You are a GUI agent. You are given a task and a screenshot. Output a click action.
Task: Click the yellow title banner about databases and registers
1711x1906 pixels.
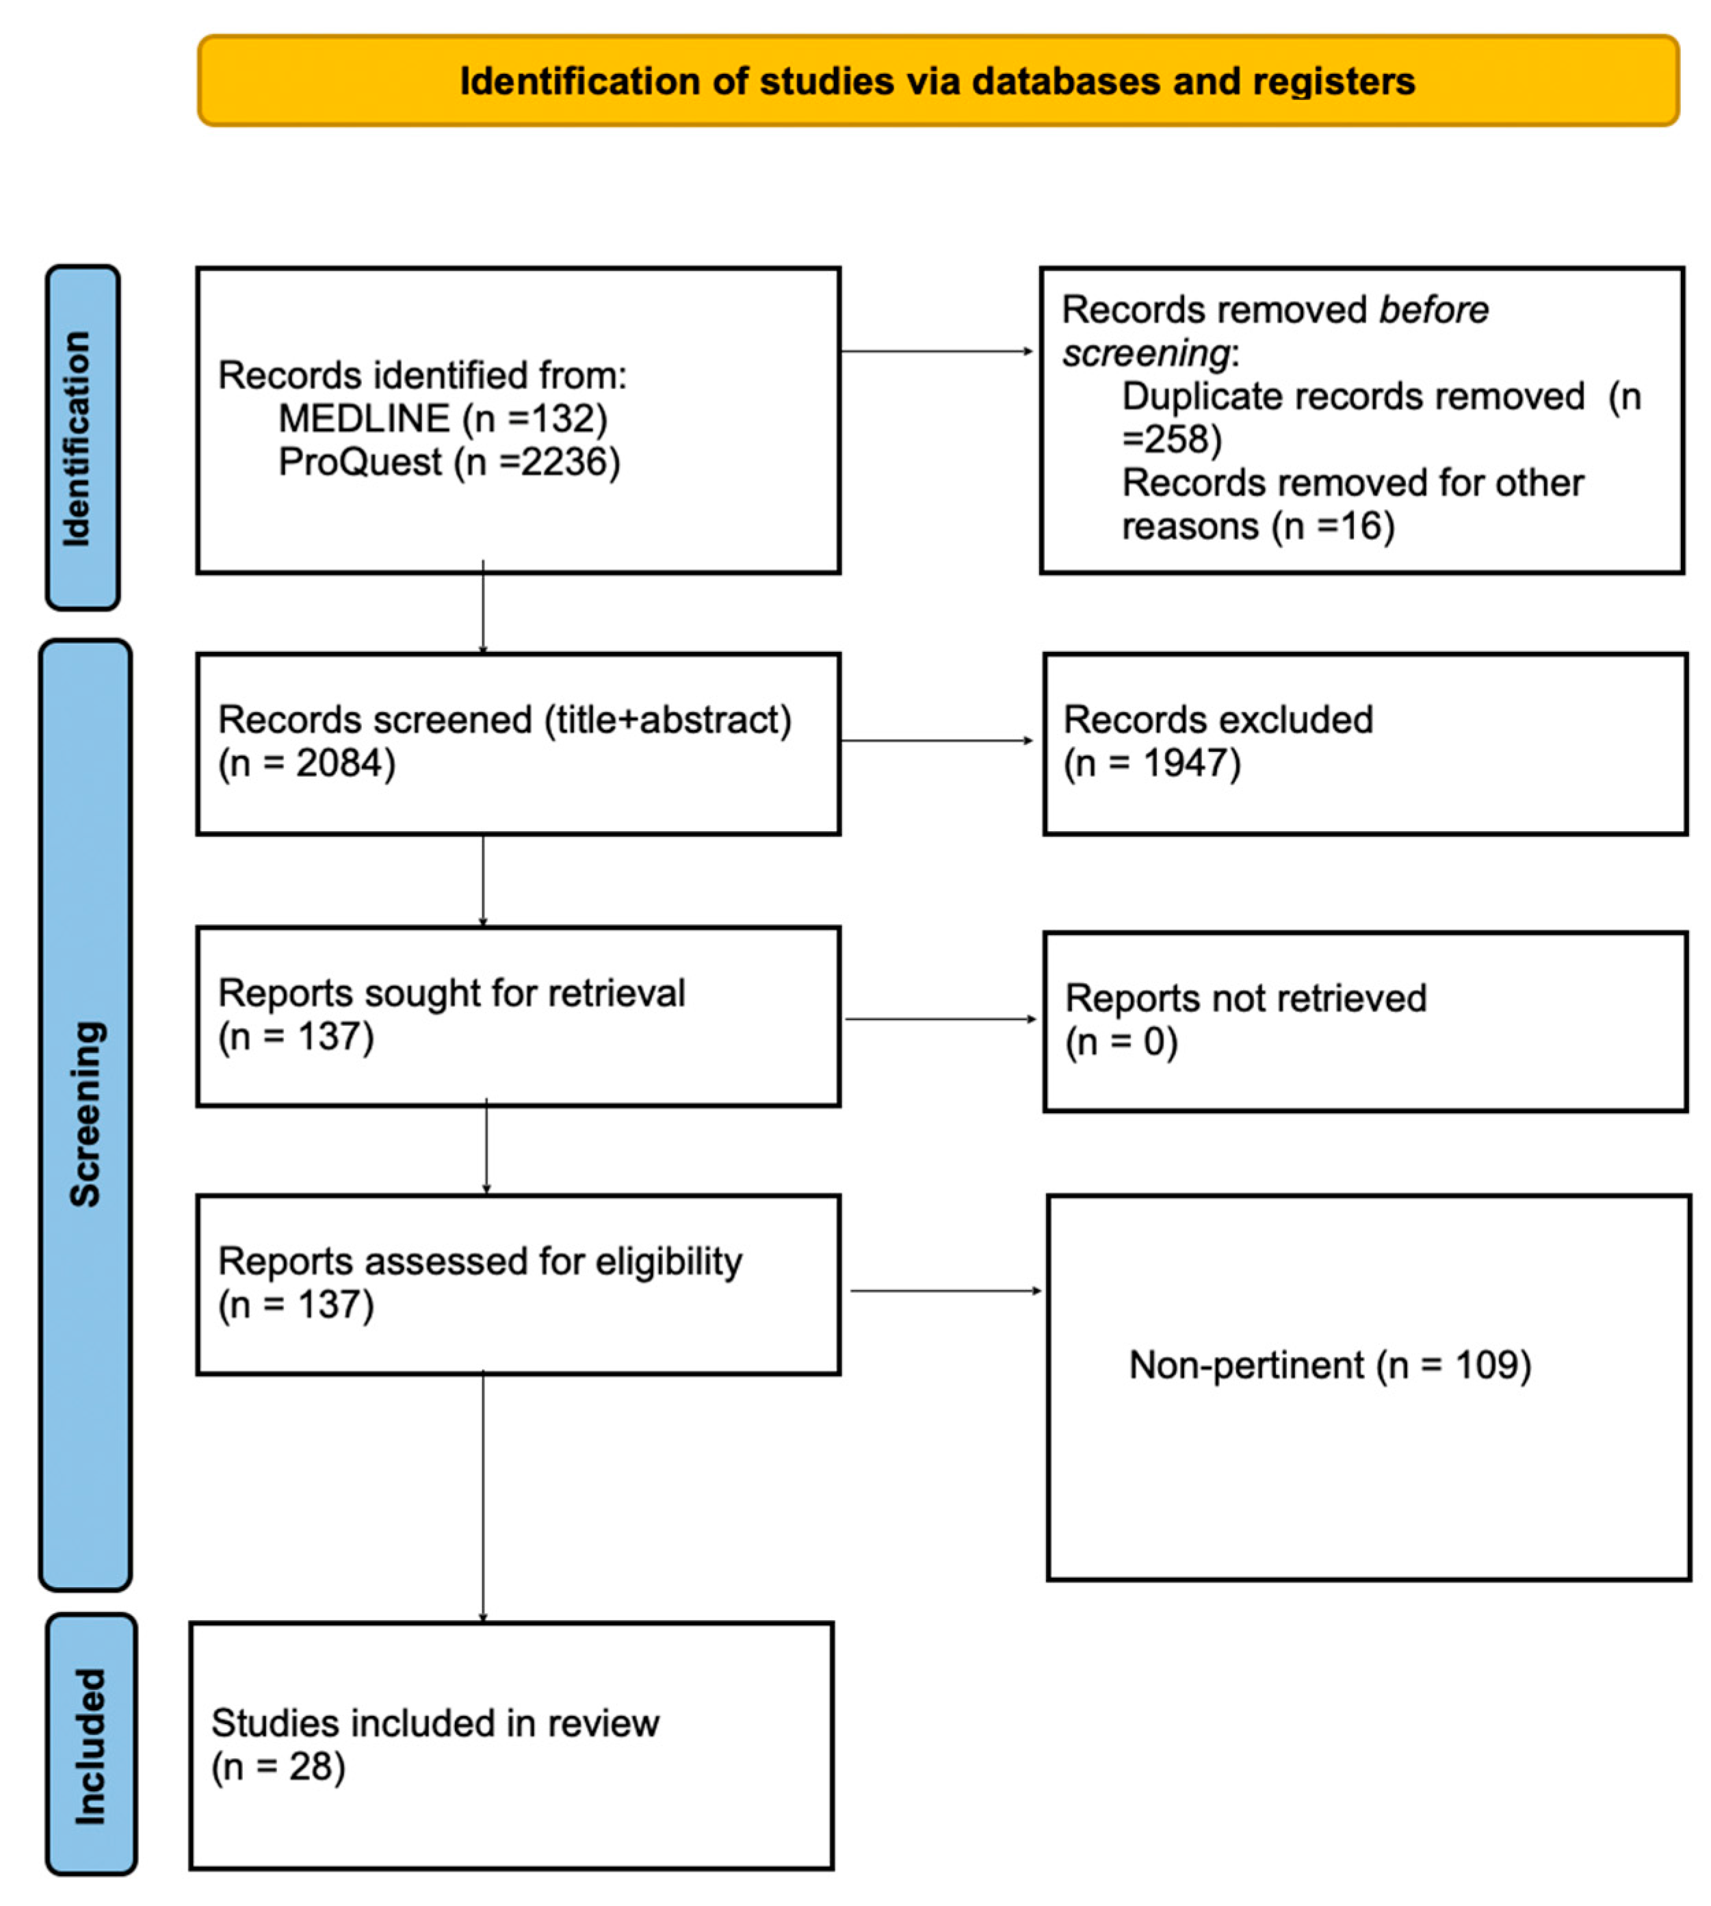coord(937,81)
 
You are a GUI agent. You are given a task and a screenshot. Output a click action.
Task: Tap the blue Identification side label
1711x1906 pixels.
coord(83,438)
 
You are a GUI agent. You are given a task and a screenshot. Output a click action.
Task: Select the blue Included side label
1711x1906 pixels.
coord(91,1746)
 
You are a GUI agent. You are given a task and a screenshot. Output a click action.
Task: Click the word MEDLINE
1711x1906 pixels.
coord(364,419)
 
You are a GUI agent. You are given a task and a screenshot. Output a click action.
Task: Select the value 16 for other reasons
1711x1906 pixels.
coord(1361,525)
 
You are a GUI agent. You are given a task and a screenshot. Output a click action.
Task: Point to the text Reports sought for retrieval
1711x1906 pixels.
coord(452,993)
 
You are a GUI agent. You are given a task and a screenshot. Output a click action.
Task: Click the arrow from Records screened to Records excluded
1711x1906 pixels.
coord(937,740)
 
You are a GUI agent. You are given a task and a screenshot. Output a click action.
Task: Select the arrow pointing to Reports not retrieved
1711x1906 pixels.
coord(940,1019)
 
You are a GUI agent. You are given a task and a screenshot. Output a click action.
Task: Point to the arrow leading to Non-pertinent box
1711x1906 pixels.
coord(945,1290)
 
